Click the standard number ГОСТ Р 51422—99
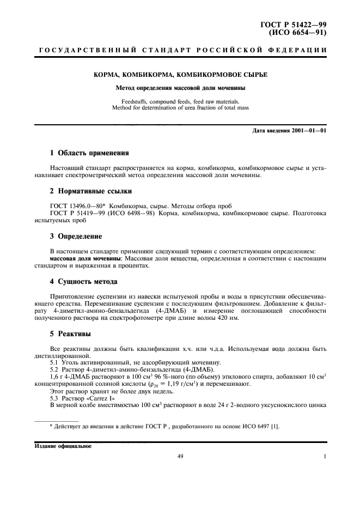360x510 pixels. [x=296, y=25]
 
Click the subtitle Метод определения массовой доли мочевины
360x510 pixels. [x=180, y=87]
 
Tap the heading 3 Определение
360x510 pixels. [x=79, y=236]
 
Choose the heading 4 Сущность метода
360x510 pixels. [x=84, y=282]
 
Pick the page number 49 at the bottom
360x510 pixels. [x=180, y=457]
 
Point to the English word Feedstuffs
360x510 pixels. [x=136, y=101]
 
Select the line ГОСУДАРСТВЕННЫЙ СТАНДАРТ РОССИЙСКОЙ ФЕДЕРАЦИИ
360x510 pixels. [x=180, y=51]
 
